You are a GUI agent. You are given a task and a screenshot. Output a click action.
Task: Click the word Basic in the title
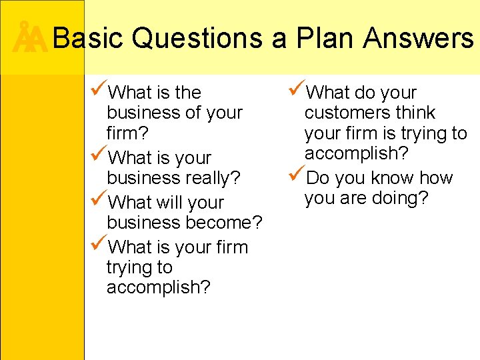point(87,39)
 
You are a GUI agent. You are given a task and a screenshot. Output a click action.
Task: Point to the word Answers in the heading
point(418,39)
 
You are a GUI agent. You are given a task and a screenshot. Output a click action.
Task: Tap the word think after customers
point(413,113)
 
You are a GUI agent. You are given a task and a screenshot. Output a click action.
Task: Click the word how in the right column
point(437,178)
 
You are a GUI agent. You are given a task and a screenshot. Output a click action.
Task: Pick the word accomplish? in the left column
point(158,287)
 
